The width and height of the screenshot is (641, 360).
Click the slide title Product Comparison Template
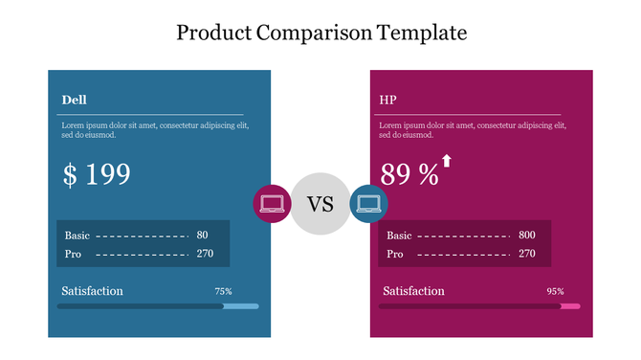coord(321,33)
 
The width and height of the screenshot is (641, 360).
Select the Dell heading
coord(75,100)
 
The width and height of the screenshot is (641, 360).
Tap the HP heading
coord(388,100)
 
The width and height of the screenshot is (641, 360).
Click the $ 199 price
coord(97,174)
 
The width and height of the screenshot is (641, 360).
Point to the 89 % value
coord(409,174)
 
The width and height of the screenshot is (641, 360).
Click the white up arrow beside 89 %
coord(446,161)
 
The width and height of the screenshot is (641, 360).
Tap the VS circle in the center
coord(320,204)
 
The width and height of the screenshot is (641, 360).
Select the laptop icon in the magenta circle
coord(272,204)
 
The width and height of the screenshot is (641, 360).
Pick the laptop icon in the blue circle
coord(368,204)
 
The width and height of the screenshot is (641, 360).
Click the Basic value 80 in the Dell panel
coord(202,236)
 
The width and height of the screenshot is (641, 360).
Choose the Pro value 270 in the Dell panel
coord(205,254)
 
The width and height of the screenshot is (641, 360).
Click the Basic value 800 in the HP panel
coord(527,236)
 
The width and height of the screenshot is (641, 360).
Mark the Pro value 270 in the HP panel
coord(527,254)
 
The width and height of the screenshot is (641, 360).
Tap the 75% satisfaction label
coord(223,291)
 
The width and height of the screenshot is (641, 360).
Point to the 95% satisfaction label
coord(555,291)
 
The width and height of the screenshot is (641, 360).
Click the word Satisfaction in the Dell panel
coord(92,291)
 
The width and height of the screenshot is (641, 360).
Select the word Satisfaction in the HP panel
coord(413,291)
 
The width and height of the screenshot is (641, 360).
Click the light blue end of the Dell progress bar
coord(241,306)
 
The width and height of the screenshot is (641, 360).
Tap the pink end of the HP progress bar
coord(570,306)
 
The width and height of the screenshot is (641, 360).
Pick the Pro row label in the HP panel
coord(394,254)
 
